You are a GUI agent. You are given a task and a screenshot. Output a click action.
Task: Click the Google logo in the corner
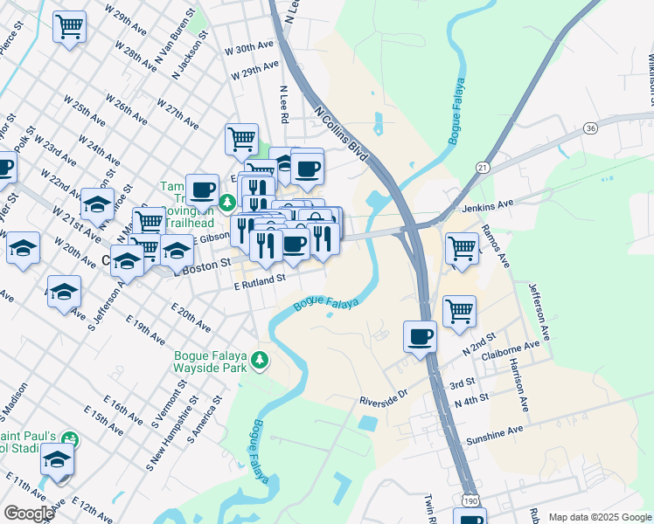pyautogui.click(x=28, y=514)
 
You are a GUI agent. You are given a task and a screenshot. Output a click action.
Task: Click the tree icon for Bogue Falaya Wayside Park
pyautogui.click(x=259, y=360)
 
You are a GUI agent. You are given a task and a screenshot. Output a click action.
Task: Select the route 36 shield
pyautogui.click(x=592, y=128)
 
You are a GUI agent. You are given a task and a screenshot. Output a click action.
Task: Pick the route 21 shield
pyautogui.click(x=482, y=166)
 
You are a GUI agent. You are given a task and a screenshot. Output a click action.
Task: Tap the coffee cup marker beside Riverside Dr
pyautogui.click(x=420, y=336)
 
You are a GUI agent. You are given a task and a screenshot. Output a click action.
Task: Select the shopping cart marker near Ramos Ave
pyautogui.click(x=461, y=248)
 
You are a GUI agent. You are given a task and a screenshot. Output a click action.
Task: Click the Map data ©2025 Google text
pyautogui.click(x=600, y=517)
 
